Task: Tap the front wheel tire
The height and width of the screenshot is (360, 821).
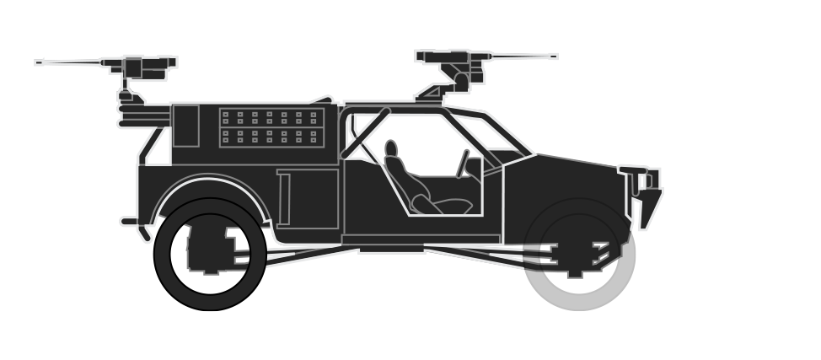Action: tap(580, 291)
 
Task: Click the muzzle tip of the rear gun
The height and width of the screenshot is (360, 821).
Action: tap(38, 62)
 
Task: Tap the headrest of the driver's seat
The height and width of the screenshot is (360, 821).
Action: tap(391, 149)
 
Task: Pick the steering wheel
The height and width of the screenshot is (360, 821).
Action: tap(463, 164)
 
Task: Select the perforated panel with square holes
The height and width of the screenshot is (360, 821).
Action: tap(270, 127)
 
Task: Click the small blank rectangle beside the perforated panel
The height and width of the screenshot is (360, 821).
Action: tap(185, 126)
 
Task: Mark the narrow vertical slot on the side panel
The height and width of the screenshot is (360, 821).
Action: tap(284, 199)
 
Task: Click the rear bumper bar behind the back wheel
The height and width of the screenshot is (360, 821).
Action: tap(130, 223)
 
